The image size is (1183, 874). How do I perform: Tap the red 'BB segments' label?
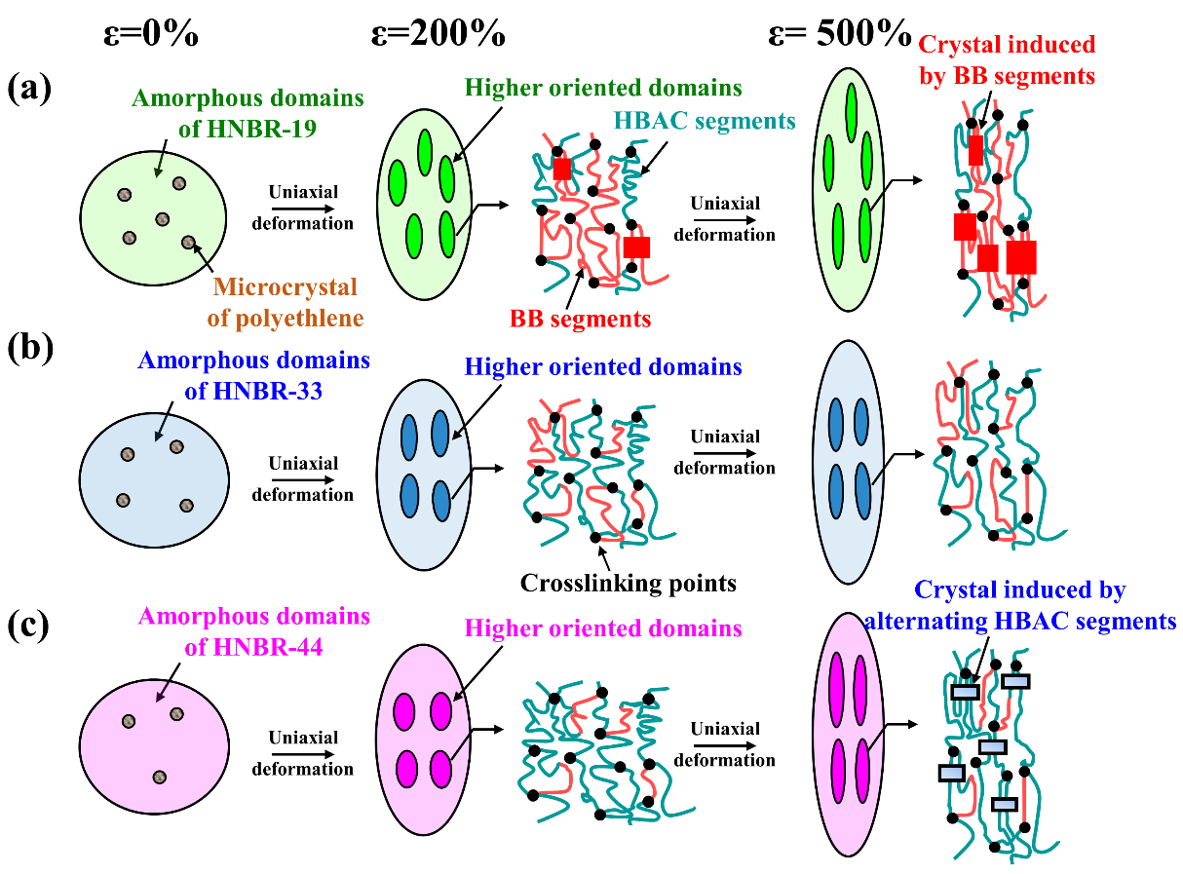(580, 317)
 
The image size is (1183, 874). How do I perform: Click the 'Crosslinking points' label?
(628, 583)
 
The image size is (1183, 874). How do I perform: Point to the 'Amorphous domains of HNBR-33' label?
(253, 373)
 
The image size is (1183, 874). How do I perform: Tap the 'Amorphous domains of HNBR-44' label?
(253, 629)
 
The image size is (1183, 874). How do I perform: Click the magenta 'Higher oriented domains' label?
(603, 628)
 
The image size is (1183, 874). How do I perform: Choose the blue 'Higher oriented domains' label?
(603, 367)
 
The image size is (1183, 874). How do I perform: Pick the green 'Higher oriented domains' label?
(603, 88)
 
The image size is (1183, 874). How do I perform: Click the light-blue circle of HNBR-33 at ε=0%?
(154, 479)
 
